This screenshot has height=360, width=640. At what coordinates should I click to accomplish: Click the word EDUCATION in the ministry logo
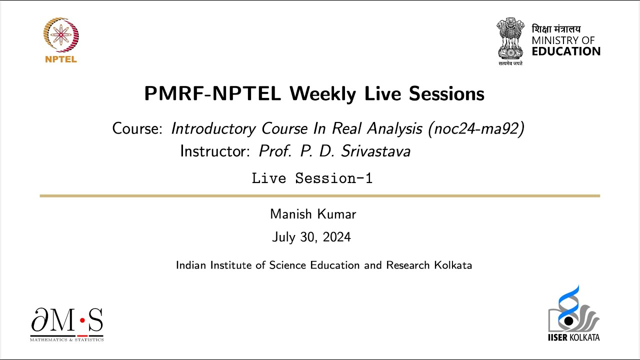(x=566, y=51)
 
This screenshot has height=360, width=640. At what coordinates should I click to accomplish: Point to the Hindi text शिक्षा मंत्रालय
(x=556, y=29)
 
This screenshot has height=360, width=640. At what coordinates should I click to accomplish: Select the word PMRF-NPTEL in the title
(x=212, y=94)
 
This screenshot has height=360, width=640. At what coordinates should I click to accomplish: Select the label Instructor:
(x=215, y=151)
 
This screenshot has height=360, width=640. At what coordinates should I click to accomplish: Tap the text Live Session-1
(x=312, y=178)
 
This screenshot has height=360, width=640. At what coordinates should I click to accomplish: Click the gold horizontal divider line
(x=320, y=196)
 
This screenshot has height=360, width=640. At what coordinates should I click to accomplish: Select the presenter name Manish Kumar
(x=313, y=214)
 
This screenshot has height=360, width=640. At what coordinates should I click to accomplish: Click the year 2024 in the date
(x=336, y=237)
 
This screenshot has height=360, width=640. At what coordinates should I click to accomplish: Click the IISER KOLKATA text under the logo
(x=573, y=337)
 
